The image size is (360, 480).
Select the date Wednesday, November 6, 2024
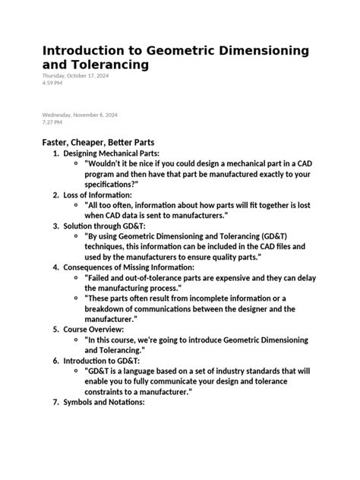coord(80,115)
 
